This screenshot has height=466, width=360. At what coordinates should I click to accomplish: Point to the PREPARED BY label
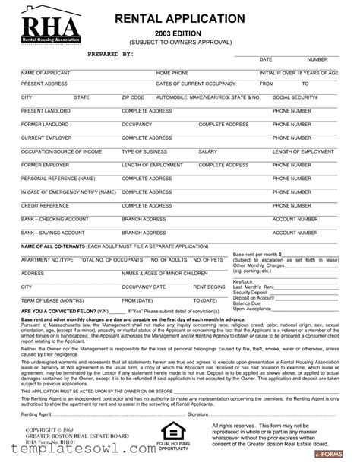coord(110,55)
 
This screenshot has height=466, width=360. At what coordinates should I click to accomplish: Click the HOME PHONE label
coord(151,73)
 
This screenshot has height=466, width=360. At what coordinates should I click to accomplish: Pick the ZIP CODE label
coord(132,97)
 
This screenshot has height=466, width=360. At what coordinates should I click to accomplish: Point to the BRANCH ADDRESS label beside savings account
coord(144,233)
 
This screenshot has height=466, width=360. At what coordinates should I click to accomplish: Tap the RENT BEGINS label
coord(209,287)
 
